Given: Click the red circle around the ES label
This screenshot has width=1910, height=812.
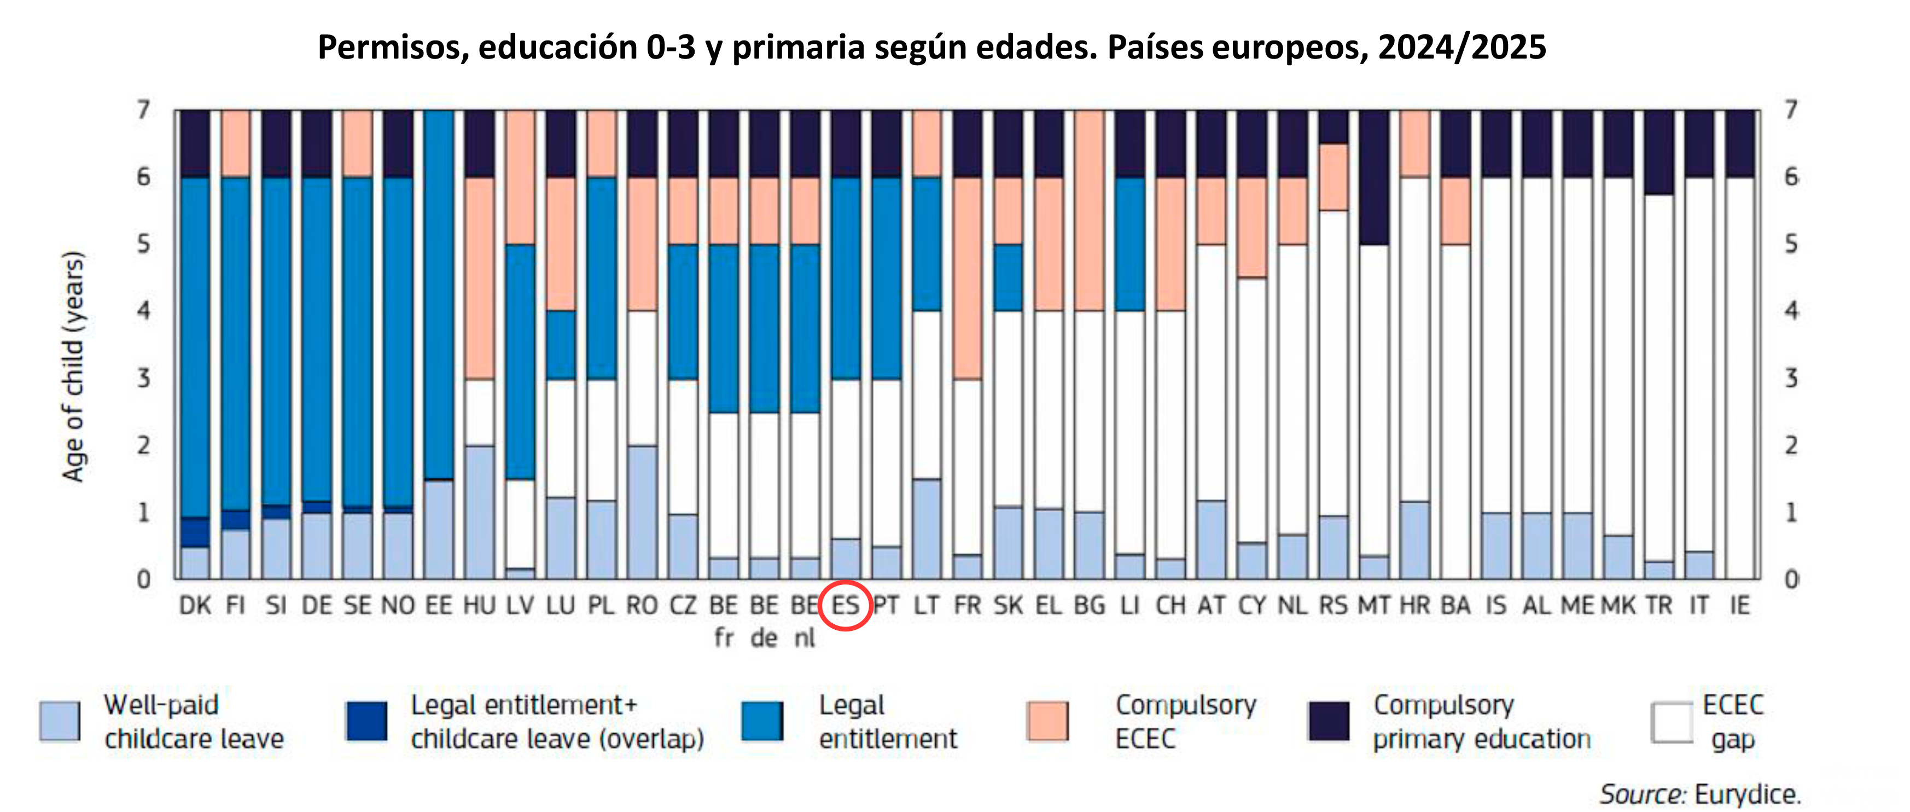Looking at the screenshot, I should (845, 606).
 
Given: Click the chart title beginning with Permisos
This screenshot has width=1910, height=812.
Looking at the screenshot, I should (931, 48).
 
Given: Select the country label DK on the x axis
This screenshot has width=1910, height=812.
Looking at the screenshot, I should (195, 606).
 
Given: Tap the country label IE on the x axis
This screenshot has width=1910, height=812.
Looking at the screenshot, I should (1739, 606).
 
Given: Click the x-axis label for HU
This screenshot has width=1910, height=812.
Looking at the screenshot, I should (479, 606).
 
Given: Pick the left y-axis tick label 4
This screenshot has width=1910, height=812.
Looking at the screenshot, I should (144, 311).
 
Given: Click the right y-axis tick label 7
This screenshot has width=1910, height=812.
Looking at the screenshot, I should (1791, 111).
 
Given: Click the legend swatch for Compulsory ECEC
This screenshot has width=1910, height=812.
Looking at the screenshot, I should (1047, 721).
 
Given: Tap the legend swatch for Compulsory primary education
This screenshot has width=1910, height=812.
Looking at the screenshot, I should (1329, 721).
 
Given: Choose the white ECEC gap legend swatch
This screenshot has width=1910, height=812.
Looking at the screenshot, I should (1672, 722).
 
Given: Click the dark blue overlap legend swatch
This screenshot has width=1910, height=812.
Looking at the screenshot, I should (366, 721).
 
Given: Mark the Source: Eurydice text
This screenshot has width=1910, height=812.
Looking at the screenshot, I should (1699, 794).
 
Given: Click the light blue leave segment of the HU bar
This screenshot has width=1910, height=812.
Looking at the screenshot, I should (479, 512).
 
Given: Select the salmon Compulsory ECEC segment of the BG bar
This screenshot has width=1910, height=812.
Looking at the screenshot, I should (1089, 211).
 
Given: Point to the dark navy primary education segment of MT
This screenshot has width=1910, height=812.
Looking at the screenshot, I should (1374, 178).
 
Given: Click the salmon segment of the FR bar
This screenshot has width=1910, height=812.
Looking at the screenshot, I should (968, 278).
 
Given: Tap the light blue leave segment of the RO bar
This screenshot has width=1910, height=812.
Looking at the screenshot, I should (642, 512).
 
